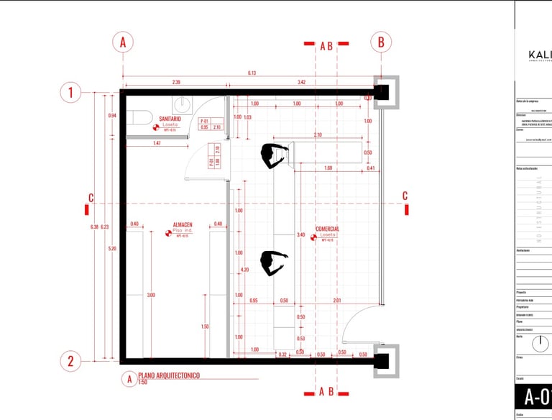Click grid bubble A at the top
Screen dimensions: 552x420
click(123, 42)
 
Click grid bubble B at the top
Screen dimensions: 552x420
click(381, 42)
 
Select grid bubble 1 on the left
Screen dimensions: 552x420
click(70, 92)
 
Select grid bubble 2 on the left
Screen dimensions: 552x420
click(70, 361)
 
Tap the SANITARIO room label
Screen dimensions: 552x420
click(170, 118)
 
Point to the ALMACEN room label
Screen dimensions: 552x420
click(182, 224)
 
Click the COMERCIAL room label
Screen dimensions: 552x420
click(327, 229)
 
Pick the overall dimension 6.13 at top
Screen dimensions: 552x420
click(253, 73)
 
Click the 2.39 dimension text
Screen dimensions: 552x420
click(176, 82)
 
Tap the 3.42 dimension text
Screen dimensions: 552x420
click(300, 82)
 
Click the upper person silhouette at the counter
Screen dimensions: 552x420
click(274, 155)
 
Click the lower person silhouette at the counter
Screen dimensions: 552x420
click(273, 262)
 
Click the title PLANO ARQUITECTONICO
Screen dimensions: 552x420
click(168, 375)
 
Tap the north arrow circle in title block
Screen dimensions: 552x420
click(540, 344)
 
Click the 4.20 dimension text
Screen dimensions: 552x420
click(245, 270)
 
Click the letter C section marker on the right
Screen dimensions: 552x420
click(405, 196)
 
